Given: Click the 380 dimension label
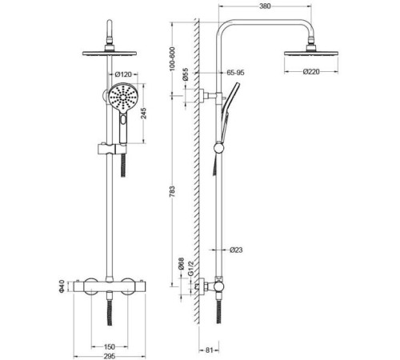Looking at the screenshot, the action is [x=265, y=6].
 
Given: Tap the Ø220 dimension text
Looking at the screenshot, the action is [x=311, y=72].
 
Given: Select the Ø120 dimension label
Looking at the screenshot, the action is [x=123, y=74].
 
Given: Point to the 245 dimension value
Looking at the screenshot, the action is [x=143, y=114].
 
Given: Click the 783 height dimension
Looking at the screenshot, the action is [x=173, y=191].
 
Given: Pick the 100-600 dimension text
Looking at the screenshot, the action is [x=172, y=59].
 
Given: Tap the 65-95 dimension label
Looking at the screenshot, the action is [x=235, y=73].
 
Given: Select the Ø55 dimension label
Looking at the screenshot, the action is [x=186, y=74].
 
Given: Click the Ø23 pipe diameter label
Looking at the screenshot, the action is [x=236, y=250].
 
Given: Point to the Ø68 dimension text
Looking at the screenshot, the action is [x=182, y=264].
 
